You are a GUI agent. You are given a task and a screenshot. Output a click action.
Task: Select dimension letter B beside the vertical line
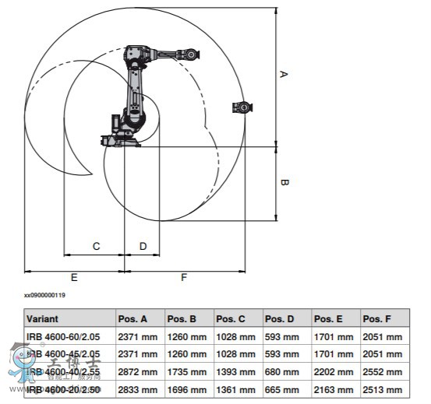click(x=284, y=183)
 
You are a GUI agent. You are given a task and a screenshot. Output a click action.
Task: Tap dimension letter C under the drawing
click(x=96, y=246)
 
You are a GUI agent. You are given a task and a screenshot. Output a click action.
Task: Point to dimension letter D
click(x=143, y=246)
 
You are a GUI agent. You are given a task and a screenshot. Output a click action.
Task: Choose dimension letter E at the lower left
click(x=74, y=277)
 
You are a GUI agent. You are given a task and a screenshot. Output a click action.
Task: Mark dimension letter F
click(x=184, y=277)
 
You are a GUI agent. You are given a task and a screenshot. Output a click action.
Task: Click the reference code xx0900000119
click(x=44, y=295)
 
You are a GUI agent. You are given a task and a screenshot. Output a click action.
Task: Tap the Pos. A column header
click(x=132, y=319)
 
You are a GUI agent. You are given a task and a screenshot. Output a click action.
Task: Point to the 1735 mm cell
click(x=186, y=371)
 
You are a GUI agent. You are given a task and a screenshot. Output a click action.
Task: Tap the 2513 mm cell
click(x=383, y=388)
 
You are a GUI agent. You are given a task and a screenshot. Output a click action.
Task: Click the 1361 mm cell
click(x=235, y=388)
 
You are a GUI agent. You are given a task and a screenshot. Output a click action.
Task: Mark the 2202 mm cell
click(x=334, y=371)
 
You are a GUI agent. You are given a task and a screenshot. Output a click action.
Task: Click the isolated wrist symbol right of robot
click(x=243, y=107)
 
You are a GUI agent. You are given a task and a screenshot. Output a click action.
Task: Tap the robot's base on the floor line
click(x=121, y=141)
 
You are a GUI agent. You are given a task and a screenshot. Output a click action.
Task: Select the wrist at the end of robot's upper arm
click(x=189, y=54)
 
